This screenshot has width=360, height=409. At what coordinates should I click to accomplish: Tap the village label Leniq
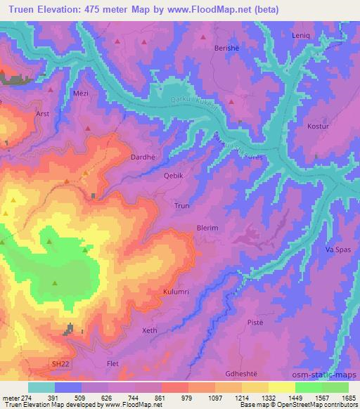click(x=300, y=34)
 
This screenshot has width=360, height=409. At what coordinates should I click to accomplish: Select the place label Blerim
click(x=207, y=228)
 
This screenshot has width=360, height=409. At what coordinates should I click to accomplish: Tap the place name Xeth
click(x=149, y=330)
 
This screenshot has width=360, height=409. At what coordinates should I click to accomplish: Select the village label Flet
click(x=112, y=363)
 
